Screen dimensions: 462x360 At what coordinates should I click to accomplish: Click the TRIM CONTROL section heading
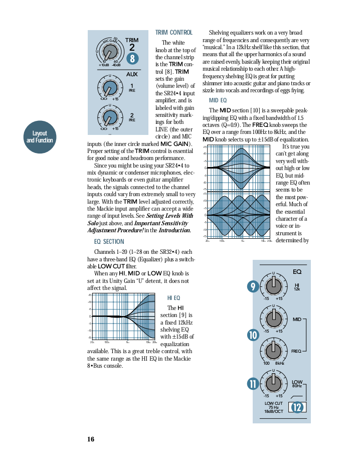pos(173,33)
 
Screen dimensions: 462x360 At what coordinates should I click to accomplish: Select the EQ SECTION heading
pos(109,241)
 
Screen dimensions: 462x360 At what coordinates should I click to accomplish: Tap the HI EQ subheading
pos(173,298)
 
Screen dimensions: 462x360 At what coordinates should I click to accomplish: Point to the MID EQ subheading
pos(218,100)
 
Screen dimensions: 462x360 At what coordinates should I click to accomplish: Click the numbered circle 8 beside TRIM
pos(132,59)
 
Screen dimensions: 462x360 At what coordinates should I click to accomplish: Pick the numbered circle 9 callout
pos(253,286)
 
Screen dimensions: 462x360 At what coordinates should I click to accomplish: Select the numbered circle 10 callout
pos(253,335)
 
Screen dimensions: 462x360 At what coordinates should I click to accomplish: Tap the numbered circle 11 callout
pos(253,384)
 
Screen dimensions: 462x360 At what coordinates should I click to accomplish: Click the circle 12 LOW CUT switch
pos(297,407)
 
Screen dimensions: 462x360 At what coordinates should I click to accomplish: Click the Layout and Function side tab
pos(40,136)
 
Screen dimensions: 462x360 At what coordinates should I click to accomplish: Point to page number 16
pos(90,439)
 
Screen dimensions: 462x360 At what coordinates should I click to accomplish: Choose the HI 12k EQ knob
pos(273,286)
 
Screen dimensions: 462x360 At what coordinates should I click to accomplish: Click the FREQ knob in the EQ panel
pos(273,349)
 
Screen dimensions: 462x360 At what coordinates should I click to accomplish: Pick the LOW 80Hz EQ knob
pos(273,383)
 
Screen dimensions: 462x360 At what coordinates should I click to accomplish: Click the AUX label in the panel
pos(131,74)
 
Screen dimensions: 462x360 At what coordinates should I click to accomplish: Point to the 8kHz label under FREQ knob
pos(279,363)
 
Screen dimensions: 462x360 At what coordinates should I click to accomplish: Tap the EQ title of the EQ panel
pos(297,272)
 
